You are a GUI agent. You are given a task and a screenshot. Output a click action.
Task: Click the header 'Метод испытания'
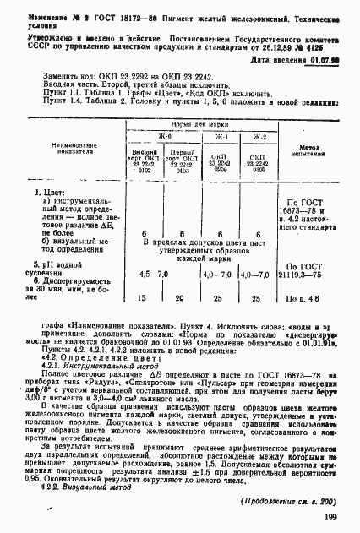click(x=312, y=150)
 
